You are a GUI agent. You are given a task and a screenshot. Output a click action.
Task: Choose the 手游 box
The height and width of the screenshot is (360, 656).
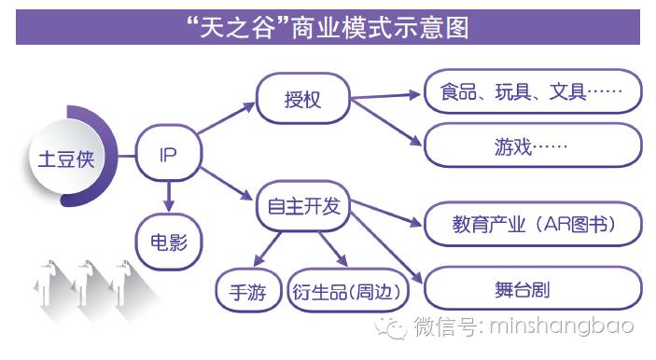pyautogui.click(x=247, y=292)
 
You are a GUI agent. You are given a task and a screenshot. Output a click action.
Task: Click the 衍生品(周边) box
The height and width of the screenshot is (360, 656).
pyautogui.click(x=349, y=292)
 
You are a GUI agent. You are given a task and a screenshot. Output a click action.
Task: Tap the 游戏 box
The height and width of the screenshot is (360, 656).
pyautogui.click(x=533, y=145)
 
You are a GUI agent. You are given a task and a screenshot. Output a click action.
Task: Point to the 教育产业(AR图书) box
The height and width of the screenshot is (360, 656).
pyautogui.click(x=533, y=224)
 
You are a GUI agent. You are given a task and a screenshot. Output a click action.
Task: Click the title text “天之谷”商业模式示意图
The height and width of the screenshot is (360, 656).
pyautogui.click(x=327, y=27)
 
